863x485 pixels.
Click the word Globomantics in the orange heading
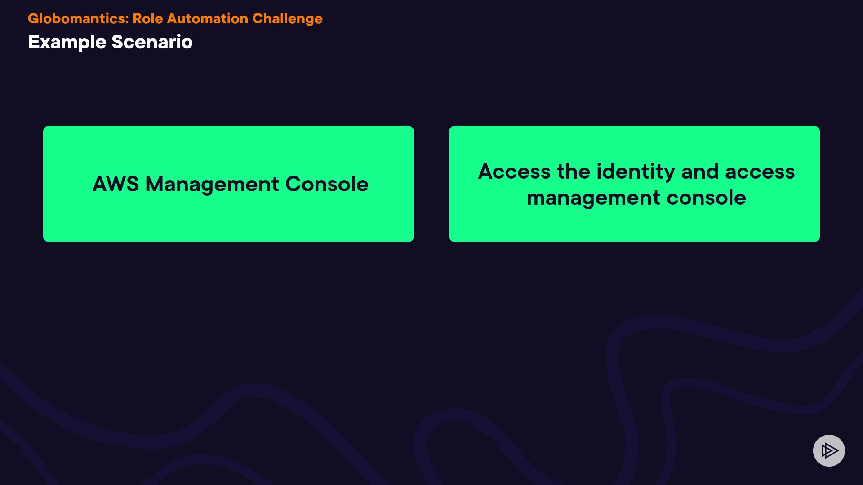tap(77, 18)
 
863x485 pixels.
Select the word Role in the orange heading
tap(148, 18)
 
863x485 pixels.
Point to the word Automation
tap(208, 18)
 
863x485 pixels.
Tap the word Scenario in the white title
tap(152, 42)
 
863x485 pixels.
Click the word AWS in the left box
tap(116, 184)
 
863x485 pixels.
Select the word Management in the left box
tap(212, 185)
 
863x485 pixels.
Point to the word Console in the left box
tap(327, 184)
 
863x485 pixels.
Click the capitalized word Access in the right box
tap(514, 172)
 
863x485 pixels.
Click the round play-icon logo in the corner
tap(829, 450)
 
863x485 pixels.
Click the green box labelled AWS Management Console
tap(228, 184)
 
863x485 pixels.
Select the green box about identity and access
tap(634, 184)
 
